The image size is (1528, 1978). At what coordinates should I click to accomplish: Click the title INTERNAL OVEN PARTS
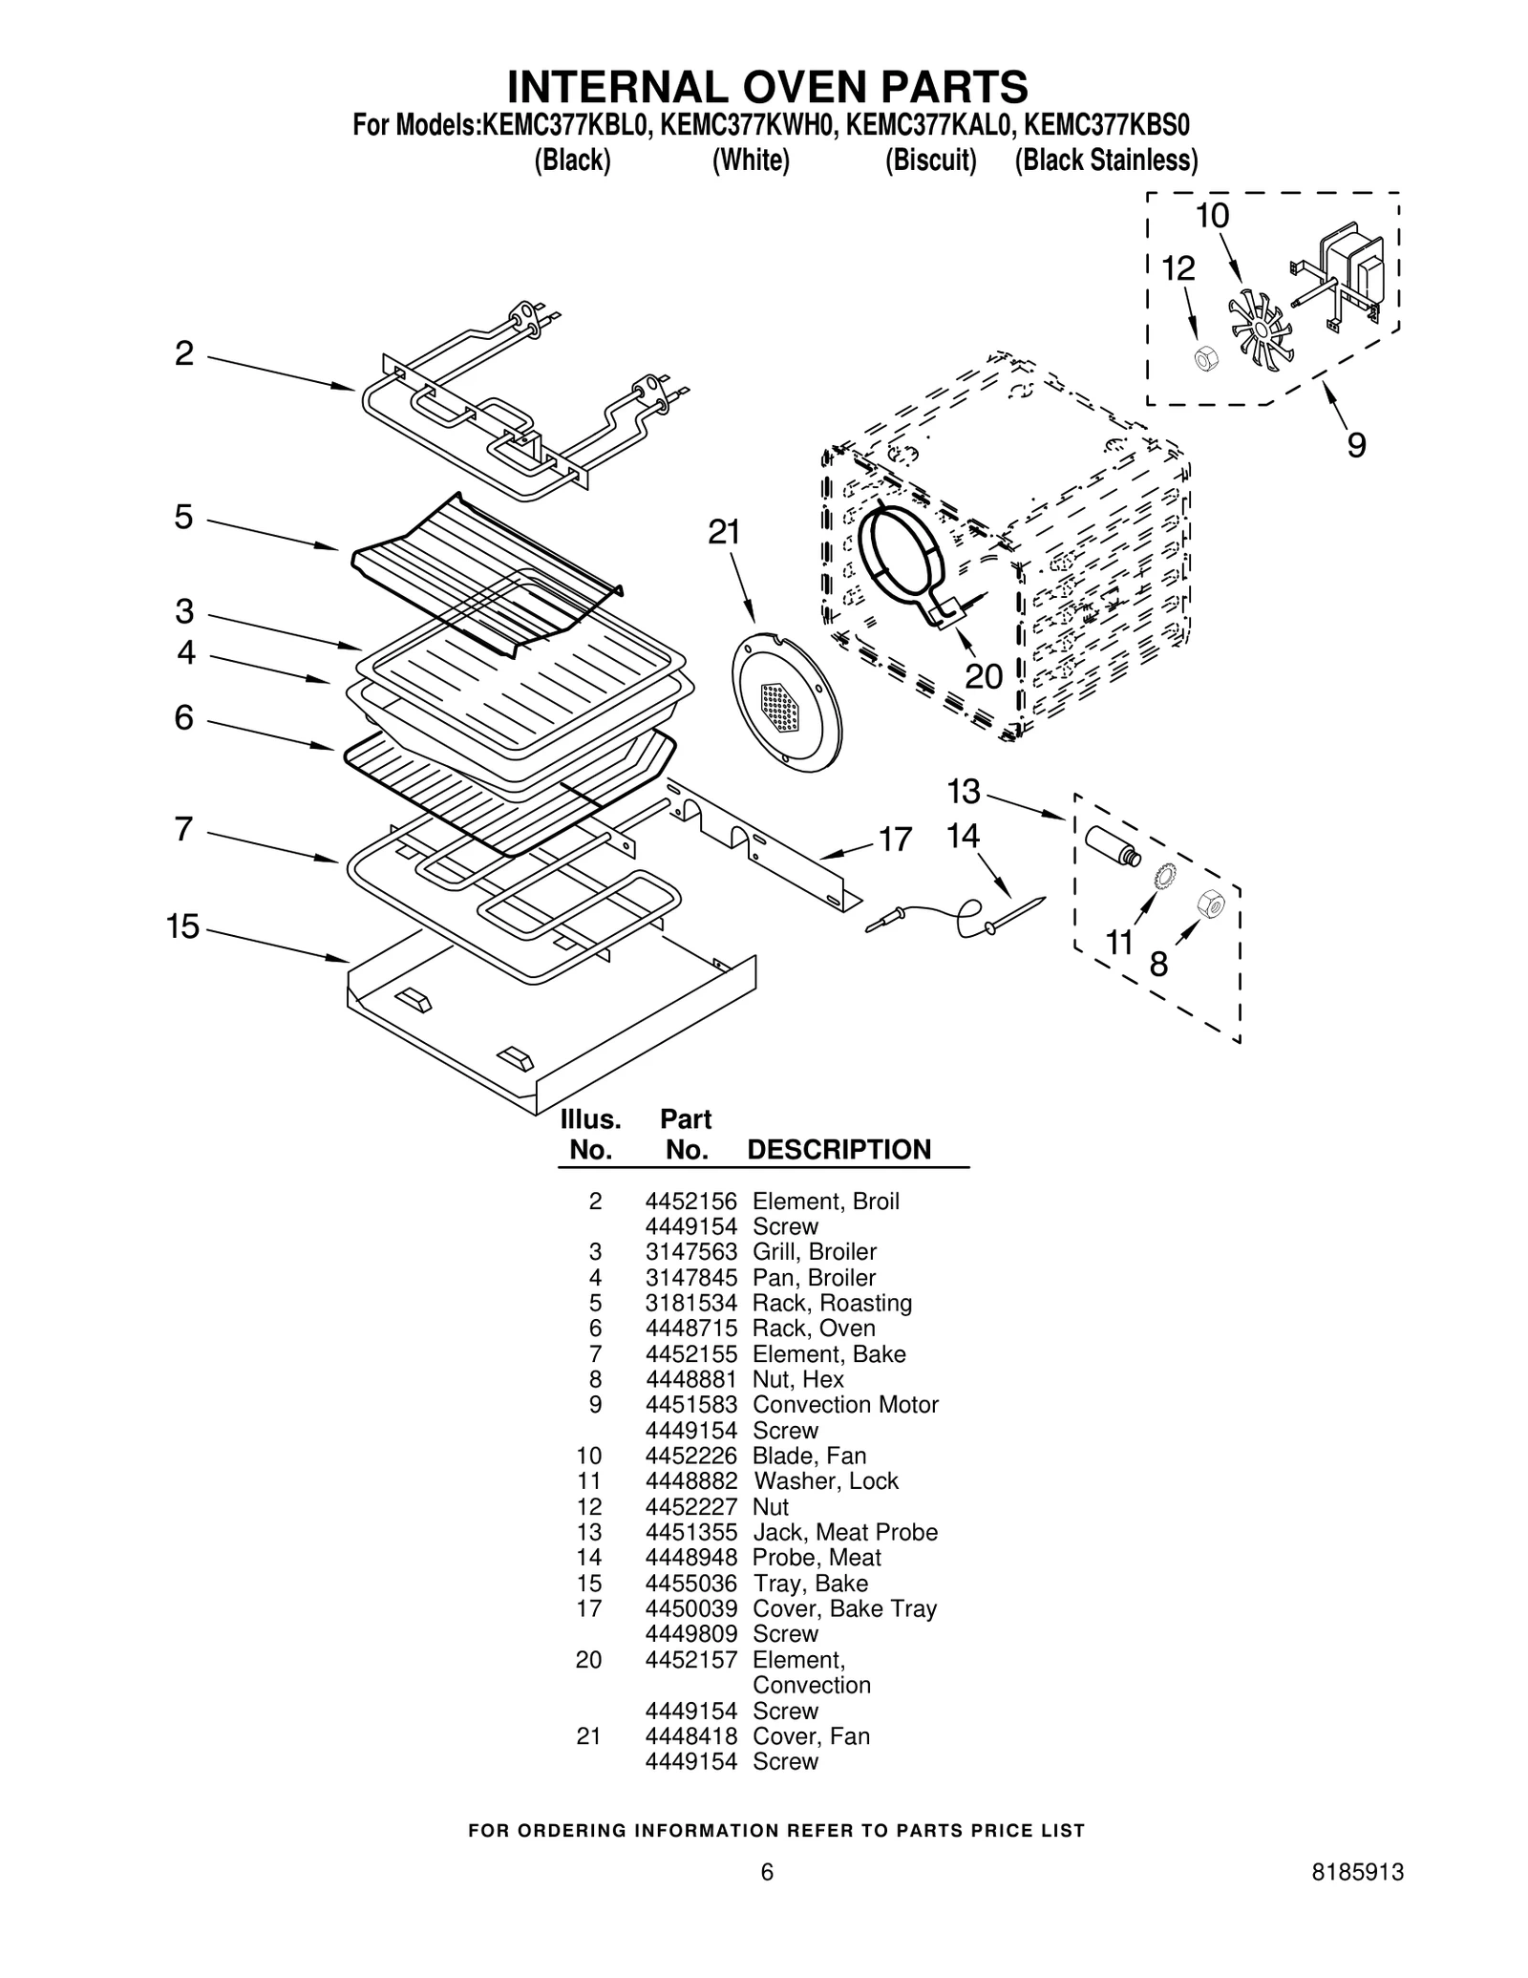(767, 87)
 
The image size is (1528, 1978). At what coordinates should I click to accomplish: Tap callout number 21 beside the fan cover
(724, 532)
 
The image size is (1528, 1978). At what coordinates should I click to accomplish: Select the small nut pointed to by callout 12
(1206, 360)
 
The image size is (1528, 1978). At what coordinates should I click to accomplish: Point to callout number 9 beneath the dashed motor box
(1356, 444)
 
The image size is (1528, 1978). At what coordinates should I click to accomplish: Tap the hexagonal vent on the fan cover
(781, 707)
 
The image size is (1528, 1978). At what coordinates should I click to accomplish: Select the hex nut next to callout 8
(1210, 903)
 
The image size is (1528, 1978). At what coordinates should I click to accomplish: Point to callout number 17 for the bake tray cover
(895, 840)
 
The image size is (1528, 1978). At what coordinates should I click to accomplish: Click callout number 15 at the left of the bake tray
(182, 925)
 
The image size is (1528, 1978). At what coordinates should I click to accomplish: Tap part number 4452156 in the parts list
(690, 1202)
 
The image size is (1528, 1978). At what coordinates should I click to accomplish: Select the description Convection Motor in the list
(845, 1405)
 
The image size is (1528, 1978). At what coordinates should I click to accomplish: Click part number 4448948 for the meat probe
(690, 1558)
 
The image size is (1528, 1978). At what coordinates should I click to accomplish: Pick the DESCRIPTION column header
(838, 1149)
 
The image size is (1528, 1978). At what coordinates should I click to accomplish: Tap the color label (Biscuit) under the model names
(930, 160)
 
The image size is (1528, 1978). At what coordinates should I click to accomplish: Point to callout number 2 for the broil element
(184, 353)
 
